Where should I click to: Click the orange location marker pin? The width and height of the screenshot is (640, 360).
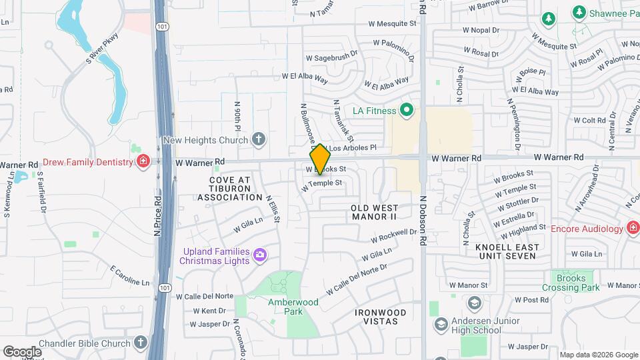[320, 159]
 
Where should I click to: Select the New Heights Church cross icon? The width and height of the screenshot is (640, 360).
[259, 139]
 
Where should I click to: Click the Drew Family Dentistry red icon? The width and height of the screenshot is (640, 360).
[143, 162]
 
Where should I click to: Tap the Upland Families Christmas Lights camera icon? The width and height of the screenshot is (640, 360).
[259, 254]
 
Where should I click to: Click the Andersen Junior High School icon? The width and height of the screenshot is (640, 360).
[441, 325]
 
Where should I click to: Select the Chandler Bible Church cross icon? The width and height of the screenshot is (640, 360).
[140, 343]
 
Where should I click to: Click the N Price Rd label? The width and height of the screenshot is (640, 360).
[158, 214]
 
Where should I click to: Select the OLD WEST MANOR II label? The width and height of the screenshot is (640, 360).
[374, 213]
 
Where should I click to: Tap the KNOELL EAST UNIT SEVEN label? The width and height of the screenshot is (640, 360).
[507, 251]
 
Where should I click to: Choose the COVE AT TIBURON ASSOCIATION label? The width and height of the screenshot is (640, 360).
[229, 189]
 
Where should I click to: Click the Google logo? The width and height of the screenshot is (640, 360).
[22, 351]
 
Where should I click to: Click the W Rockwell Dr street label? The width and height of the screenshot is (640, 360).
[393, 235]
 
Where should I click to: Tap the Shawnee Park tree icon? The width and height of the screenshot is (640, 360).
[578, 13]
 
